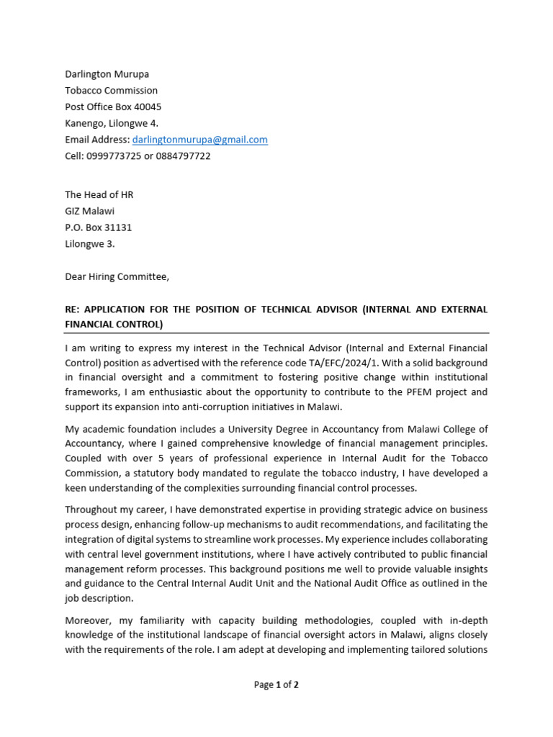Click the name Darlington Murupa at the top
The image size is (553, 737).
coord(107,74)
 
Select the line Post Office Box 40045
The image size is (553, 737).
coord(113,107)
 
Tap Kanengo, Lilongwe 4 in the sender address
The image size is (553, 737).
coord(112,123)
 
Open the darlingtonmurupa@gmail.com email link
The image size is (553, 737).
coord(199,140)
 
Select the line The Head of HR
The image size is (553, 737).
coord(99,194)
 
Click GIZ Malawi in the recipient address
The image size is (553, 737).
coord(89,211)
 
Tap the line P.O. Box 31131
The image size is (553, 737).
coord(99,227)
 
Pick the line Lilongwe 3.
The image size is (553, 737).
coord(89,244)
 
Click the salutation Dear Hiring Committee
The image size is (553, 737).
coord(117,276)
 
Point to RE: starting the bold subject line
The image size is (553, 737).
coord(73,309)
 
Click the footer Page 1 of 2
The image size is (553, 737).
coord(276,685)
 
